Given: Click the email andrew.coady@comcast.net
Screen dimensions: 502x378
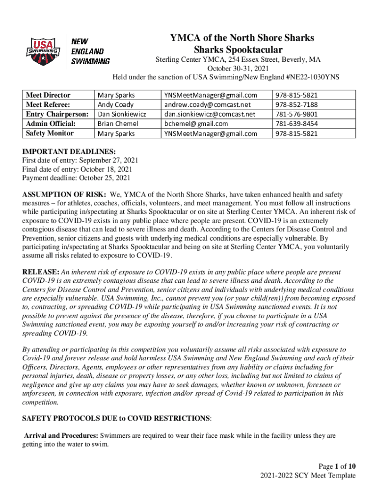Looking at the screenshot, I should (x=207, y=104).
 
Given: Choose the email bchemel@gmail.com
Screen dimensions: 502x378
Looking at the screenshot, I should (x=196, y=124).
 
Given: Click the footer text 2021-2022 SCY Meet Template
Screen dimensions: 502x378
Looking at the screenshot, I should (x=308, y=476).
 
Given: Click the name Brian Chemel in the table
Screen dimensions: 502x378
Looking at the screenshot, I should (x=118, y=124).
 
